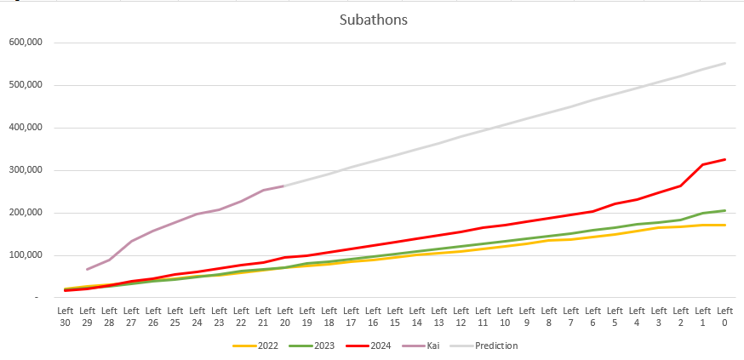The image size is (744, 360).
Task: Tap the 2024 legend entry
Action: click(x=381, y=346)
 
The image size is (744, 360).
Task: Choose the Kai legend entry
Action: click(x=434, y=346)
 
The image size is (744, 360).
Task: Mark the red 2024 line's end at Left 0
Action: click(x=724, y=159)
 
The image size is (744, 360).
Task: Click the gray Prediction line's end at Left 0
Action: click(x=724, y=63)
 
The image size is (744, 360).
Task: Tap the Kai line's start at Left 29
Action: click(x=87, y=269)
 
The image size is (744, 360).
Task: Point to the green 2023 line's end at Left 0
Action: click(x=724, y=210)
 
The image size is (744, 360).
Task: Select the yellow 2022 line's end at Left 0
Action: click(x=724, y=225)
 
